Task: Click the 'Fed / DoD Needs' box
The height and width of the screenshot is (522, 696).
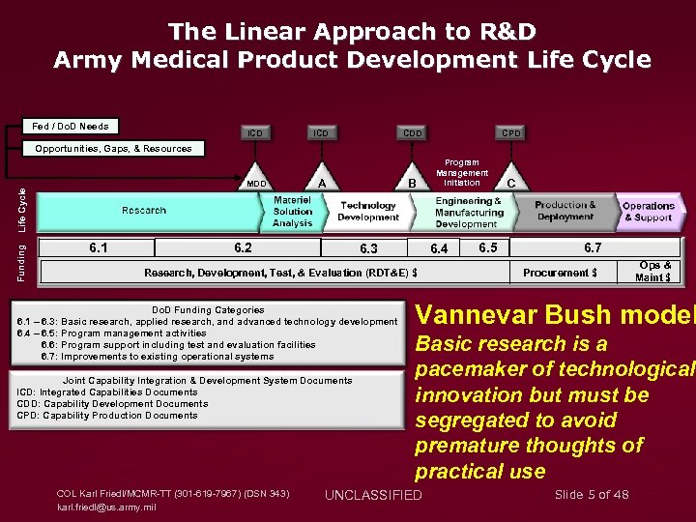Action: pyautogui.click(x=70, y=127)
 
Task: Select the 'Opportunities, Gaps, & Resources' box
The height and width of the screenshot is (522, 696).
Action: pyautogui.click(x=113, y=149)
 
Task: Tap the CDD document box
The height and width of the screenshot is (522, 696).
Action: pyautogui.click(x=412, y=132)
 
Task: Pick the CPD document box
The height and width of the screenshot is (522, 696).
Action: pyautogui.click(x=509, y=132)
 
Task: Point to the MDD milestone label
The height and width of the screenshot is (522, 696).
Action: pyautogui.click(x=255, y=184)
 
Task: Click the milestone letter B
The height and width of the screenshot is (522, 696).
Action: pyautogui.click(x=412, y=183)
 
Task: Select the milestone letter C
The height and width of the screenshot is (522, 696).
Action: pyautogui.click(x=510, y=183)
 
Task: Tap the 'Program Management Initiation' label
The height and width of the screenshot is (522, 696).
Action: pyautogui.click(x=461, y=173)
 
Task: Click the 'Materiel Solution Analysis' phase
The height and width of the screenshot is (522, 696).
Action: pyautogui.click(x=292, y=211)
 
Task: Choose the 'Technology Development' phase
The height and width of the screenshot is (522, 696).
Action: pyautogui.click(x=368, y=211)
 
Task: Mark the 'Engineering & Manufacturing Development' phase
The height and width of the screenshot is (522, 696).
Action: pyautogui.click(x=468, y=212)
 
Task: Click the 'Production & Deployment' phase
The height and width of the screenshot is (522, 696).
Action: pyautogui.click(x=565, y=211)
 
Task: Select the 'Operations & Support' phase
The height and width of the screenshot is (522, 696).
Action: pyautogui.click(x=648, y=212)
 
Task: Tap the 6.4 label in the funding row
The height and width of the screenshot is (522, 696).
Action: pyautogui.click(x=439, y=248)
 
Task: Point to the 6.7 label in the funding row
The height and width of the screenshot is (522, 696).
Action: pyautogui.click(x=592, y=247)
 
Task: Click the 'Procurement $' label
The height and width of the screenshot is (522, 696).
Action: pyautogui.click(x=560, y=273)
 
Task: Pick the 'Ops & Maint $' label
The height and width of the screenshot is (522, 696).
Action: pyautogui.click(x=654, y=272)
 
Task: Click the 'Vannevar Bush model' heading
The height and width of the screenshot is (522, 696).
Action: pyautogui.click(x=555, y=315)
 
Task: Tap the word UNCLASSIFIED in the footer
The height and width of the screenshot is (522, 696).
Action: pyautogui.click(x=373, y=495)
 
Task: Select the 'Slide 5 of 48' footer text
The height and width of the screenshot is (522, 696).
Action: pyautogui.click(x=592, y=494)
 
